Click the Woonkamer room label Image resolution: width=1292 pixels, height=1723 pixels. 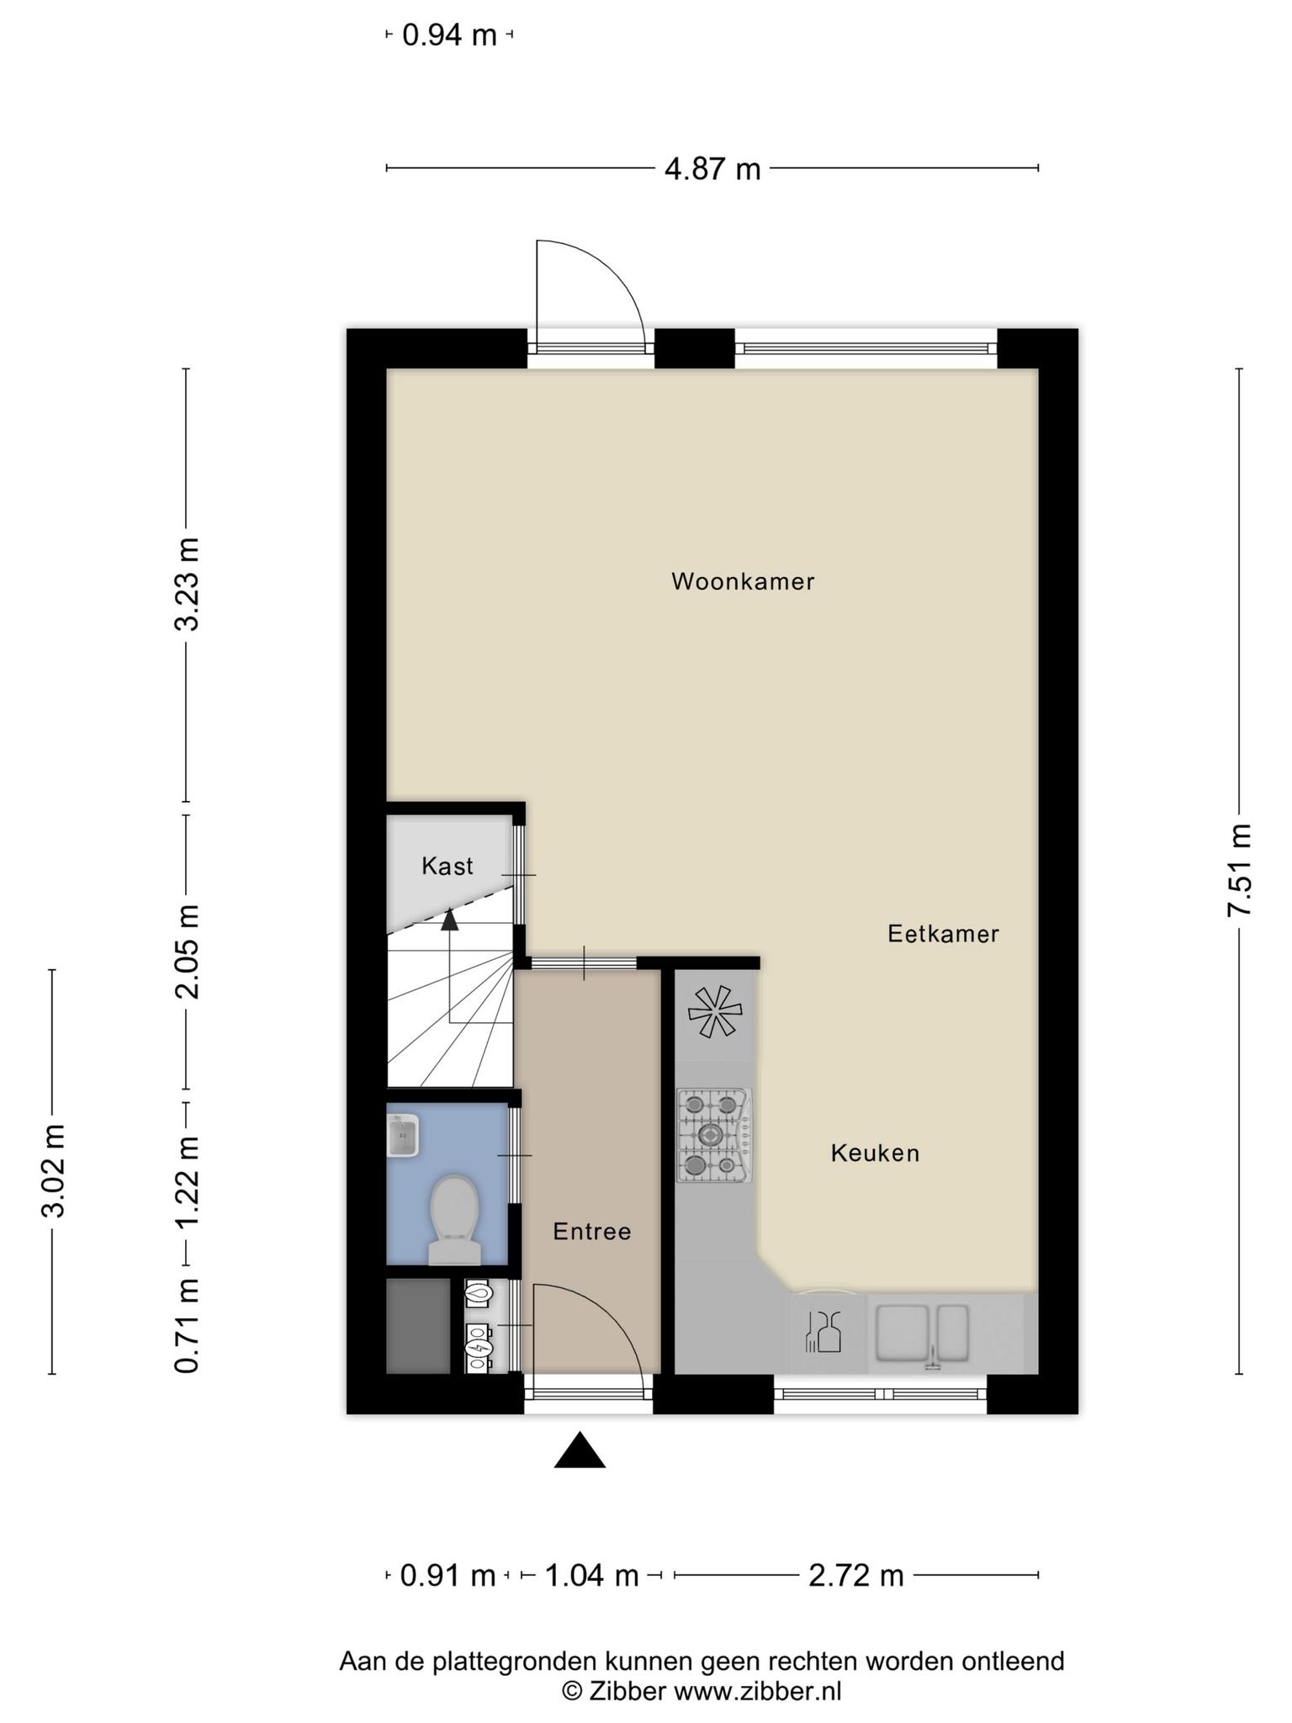[743, 581]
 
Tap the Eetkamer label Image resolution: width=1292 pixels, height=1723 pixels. [943, 933]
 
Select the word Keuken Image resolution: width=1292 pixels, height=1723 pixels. [875, 1153]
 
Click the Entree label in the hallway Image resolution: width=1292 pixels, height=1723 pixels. [592, 1232]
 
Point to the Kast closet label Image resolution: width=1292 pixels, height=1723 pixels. [447, 866]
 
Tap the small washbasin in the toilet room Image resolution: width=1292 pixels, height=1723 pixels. [403, 1136]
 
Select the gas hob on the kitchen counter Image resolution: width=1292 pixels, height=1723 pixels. [714, 1136]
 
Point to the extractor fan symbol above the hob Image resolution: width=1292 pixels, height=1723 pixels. [714, 1011]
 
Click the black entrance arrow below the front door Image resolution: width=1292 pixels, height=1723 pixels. [580, 1450]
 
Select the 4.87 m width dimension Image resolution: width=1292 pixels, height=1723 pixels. [712, 169]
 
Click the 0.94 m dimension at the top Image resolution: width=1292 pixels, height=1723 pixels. [450, 35]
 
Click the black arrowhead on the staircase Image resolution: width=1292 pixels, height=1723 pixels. [450, 920]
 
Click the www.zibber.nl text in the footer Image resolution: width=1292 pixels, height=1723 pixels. [758, 1690]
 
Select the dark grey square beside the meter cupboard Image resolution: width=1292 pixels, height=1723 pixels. [418, 1327]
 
